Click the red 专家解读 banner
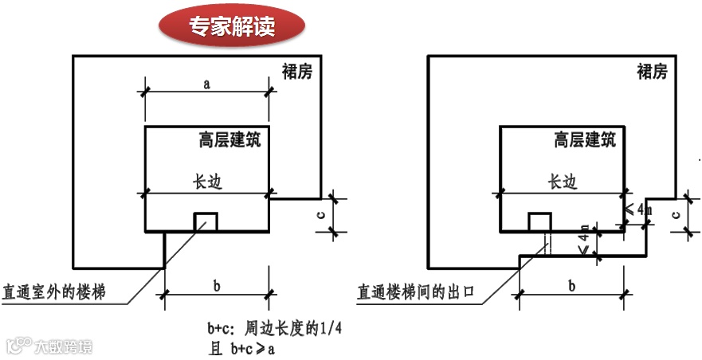pyautogui.click(x=232, y=27)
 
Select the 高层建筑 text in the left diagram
pyautogui.click(x=229, y=141)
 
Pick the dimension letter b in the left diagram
pyautogui.click(x=216, y=285)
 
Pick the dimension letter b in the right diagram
pyautogui.click(x=571, y=285)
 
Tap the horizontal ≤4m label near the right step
pyautogui.click(x=639, y=209)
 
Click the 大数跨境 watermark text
pyautogui.click(x=62, y=346)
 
